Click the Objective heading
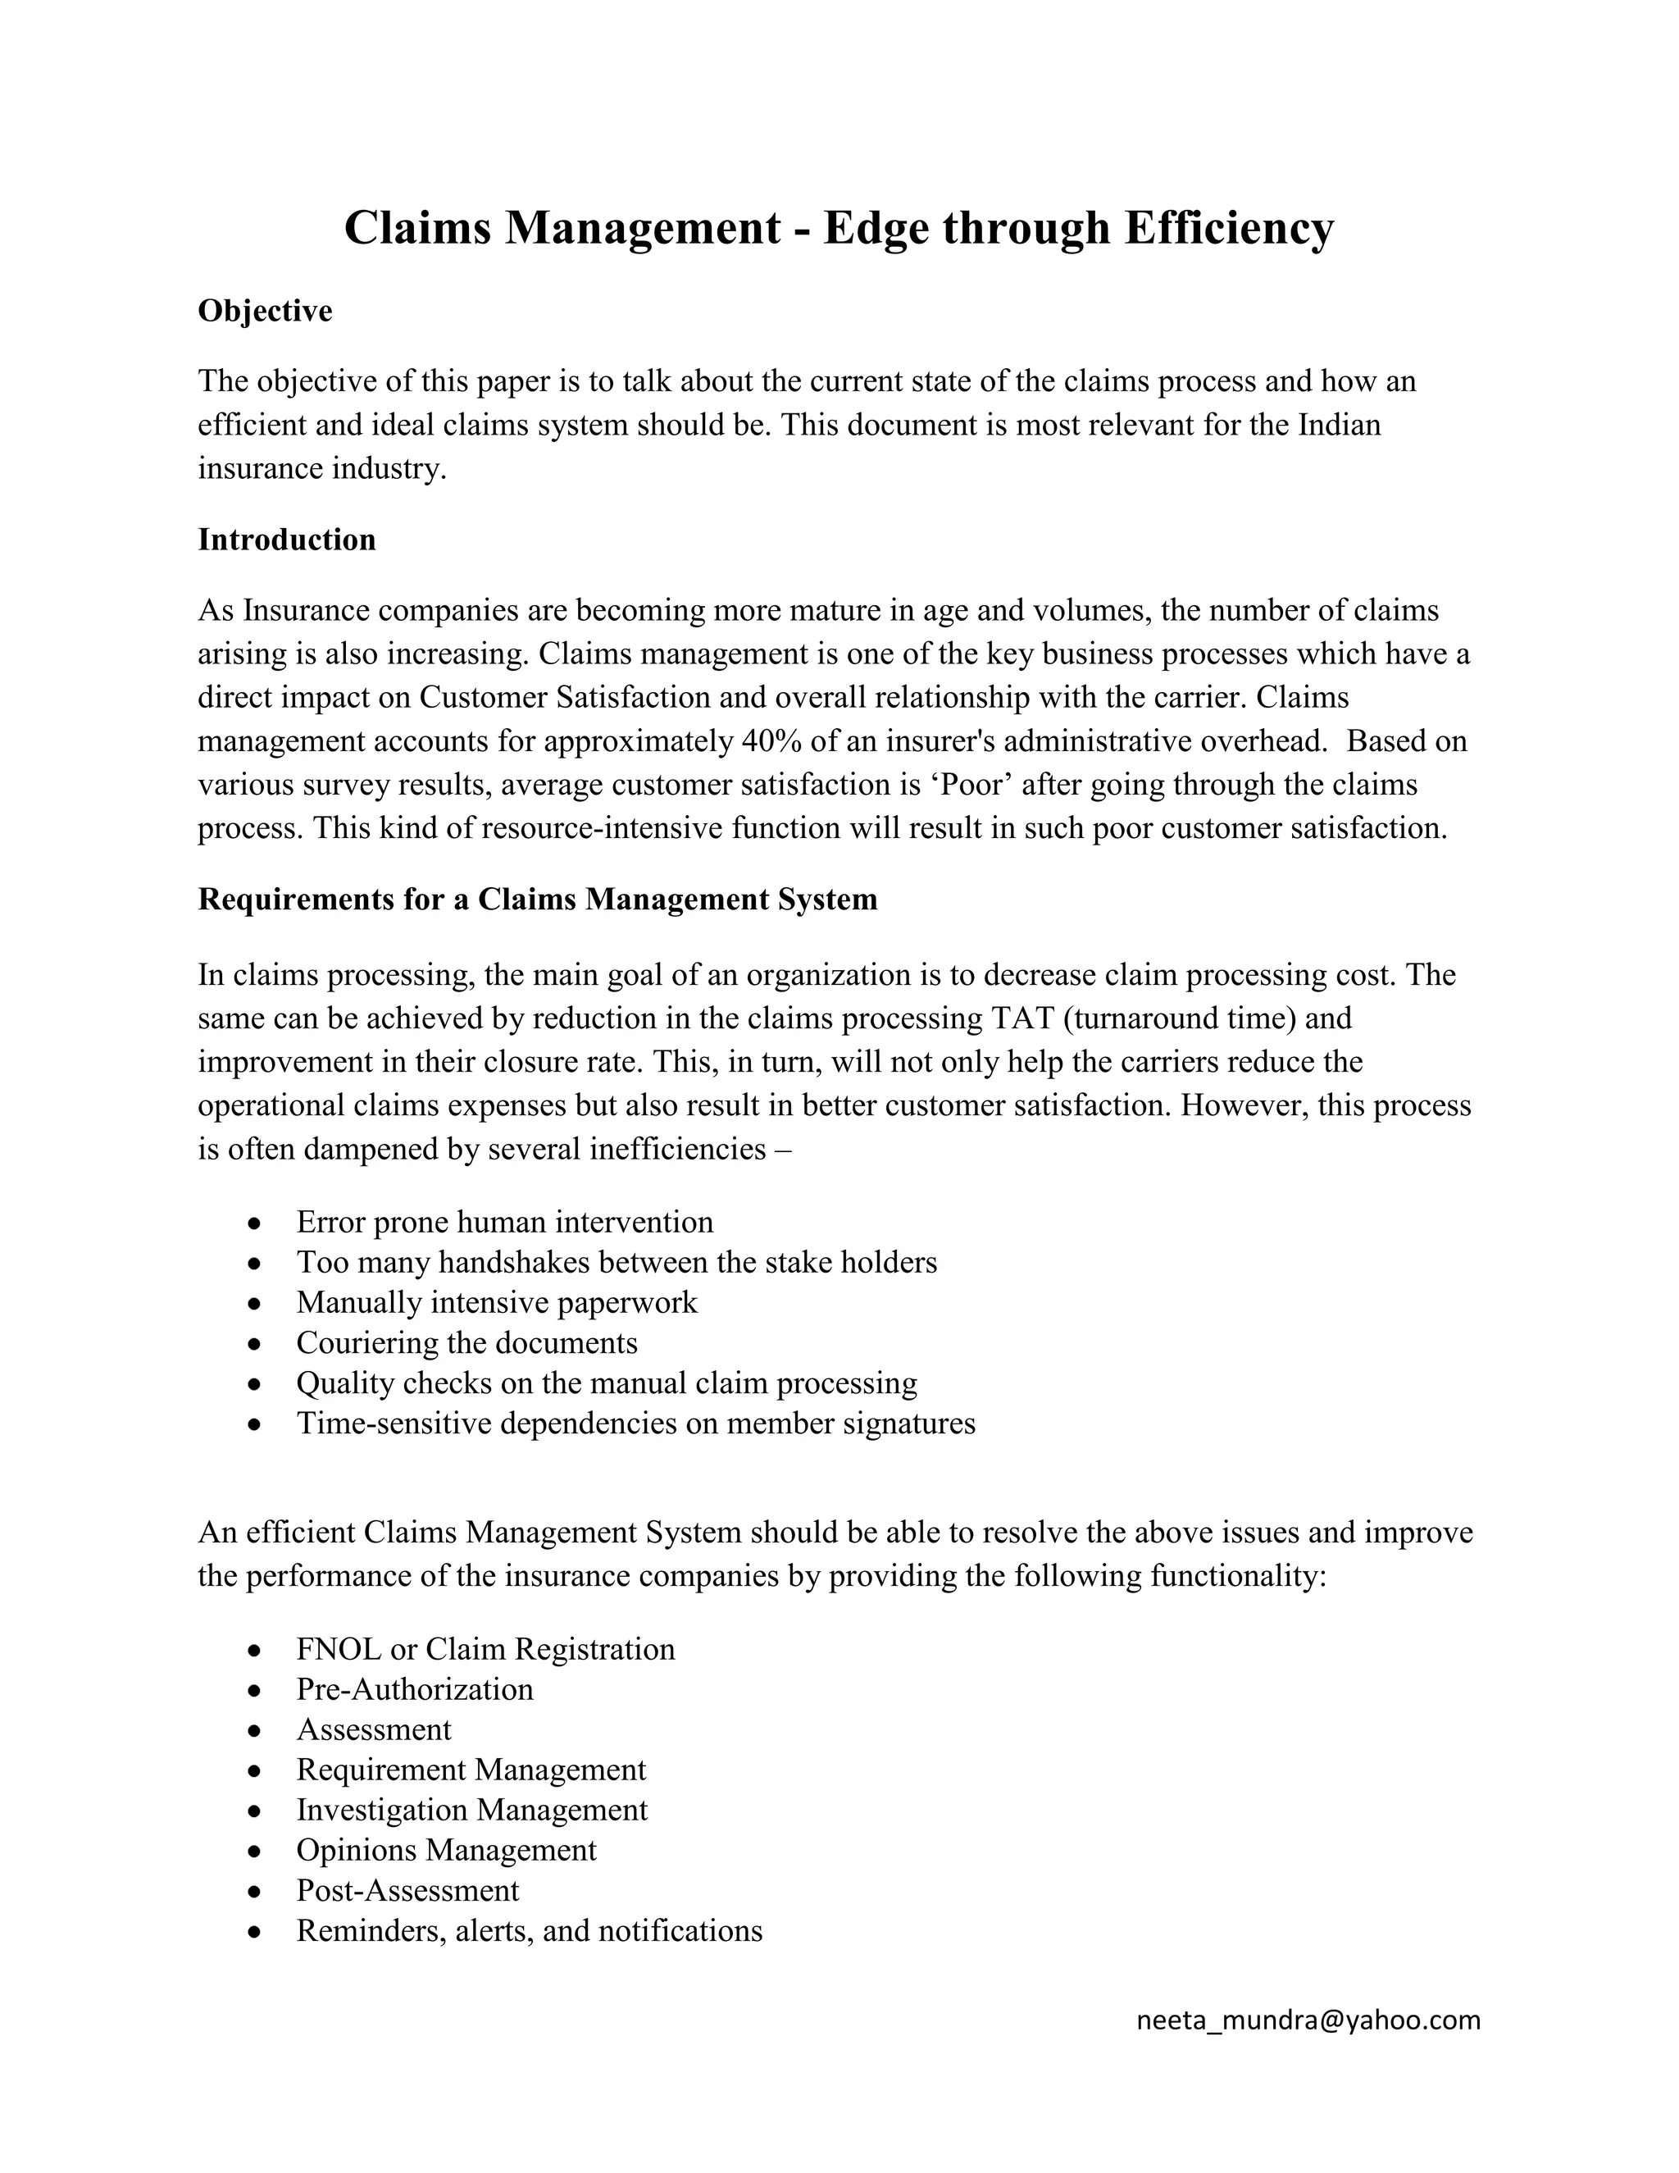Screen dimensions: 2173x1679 tap(265, 312)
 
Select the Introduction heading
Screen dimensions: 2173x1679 tap(286, 540)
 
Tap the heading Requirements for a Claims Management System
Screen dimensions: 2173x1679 tap(537, 900)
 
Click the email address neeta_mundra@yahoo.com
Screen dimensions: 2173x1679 tap(1308, 2019)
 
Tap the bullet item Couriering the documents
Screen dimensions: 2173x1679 tap(466, 1343)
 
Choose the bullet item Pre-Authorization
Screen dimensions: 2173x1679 tap(415, 1689)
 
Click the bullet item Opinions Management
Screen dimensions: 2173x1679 tap(446, 1850)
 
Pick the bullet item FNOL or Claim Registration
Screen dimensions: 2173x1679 tap(485, 1649)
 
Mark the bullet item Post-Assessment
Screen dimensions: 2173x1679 tap(407, 1890)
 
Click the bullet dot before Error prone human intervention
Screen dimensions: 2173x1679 tap(256, 1223)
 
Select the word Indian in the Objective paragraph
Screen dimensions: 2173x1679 tap(1339, 426)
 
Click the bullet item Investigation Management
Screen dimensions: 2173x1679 tap(471, 1810)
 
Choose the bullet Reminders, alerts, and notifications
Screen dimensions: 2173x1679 tap(529, 1931)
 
